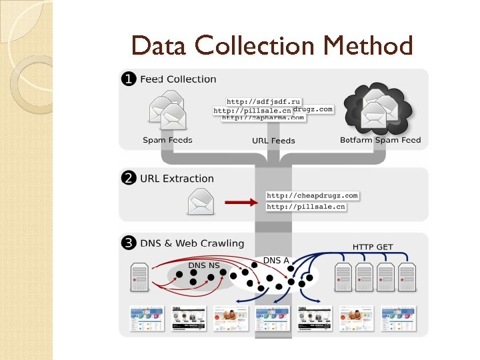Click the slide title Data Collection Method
pos(272,46)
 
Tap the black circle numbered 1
pos(127,79)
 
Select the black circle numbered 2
pos(127,178)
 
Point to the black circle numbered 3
pos(127,243)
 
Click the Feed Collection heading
pos(178,79)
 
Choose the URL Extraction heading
pos(177,179)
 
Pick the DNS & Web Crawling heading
pos(192,244)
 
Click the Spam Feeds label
pos(167,140)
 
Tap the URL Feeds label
pos(273,141)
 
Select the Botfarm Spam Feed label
pos(380,140)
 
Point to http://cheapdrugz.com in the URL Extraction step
pos(312,195)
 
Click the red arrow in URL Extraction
pos(241,201)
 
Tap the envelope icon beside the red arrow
pos(201,201)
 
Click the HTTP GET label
pos(373,247)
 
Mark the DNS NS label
pos(203,265)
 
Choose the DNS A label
pos(276,260)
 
